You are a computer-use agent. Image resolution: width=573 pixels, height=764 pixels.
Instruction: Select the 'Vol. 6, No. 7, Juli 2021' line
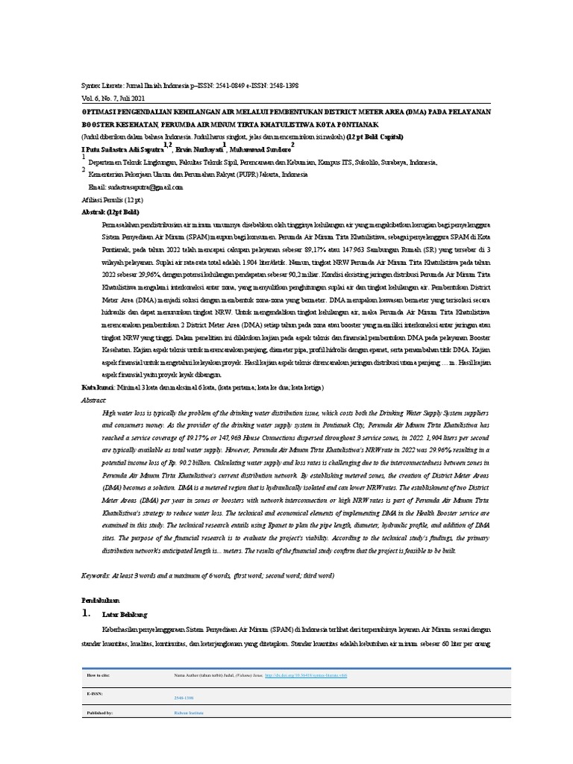(x=113, y=98)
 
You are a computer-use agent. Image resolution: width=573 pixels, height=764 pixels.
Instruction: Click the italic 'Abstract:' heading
(x=94, y=400)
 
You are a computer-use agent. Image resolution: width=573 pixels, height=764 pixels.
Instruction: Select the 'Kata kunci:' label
(x=98, y=388)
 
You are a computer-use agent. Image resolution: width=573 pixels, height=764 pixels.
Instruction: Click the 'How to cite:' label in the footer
(x=98, y=674)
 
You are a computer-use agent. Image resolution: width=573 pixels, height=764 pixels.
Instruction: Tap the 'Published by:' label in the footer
(x=100, y=713)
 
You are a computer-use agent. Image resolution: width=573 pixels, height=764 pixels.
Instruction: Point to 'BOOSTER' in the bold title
(x=99, y=124)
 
